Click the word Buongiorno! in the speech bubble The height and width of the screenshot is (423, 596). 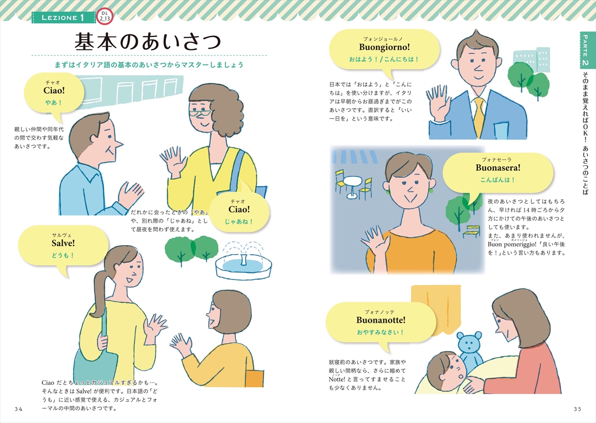coord(384,47)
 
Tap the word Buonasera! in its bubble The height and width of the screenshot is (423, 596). coord(498,168)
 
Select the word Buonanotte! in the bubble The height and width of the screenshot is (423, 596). coord(381,320)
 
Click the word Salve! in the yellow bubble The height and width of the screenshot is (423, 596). coord(63,243)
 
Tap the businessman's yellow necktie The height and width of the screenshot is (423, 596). coord(479,118)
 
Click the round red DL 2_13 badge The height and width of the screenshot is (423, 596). coord(104,17)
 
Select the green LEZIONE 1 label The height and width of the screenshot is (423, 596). coord(64,17)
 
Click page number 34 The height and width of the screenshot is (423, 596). coord(19,409)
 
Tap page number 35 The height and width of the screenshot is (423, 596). coord(577,409)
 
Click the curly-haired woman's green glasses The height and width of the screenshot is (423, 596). coord(199,113)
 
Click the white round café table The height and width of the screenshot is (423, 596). coord(352,186)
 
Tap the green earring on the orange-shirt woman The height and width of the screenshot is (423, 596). coord(431,191)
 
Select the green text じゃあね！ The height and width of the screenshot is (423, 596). coord(239,221)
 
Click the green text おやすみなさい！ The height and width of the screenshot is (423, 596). coord(380,332)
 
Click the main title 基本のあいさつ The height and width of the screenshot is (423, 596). coord(148,42)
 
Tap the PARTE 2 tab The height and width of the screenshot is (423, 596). coord(586,50)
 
